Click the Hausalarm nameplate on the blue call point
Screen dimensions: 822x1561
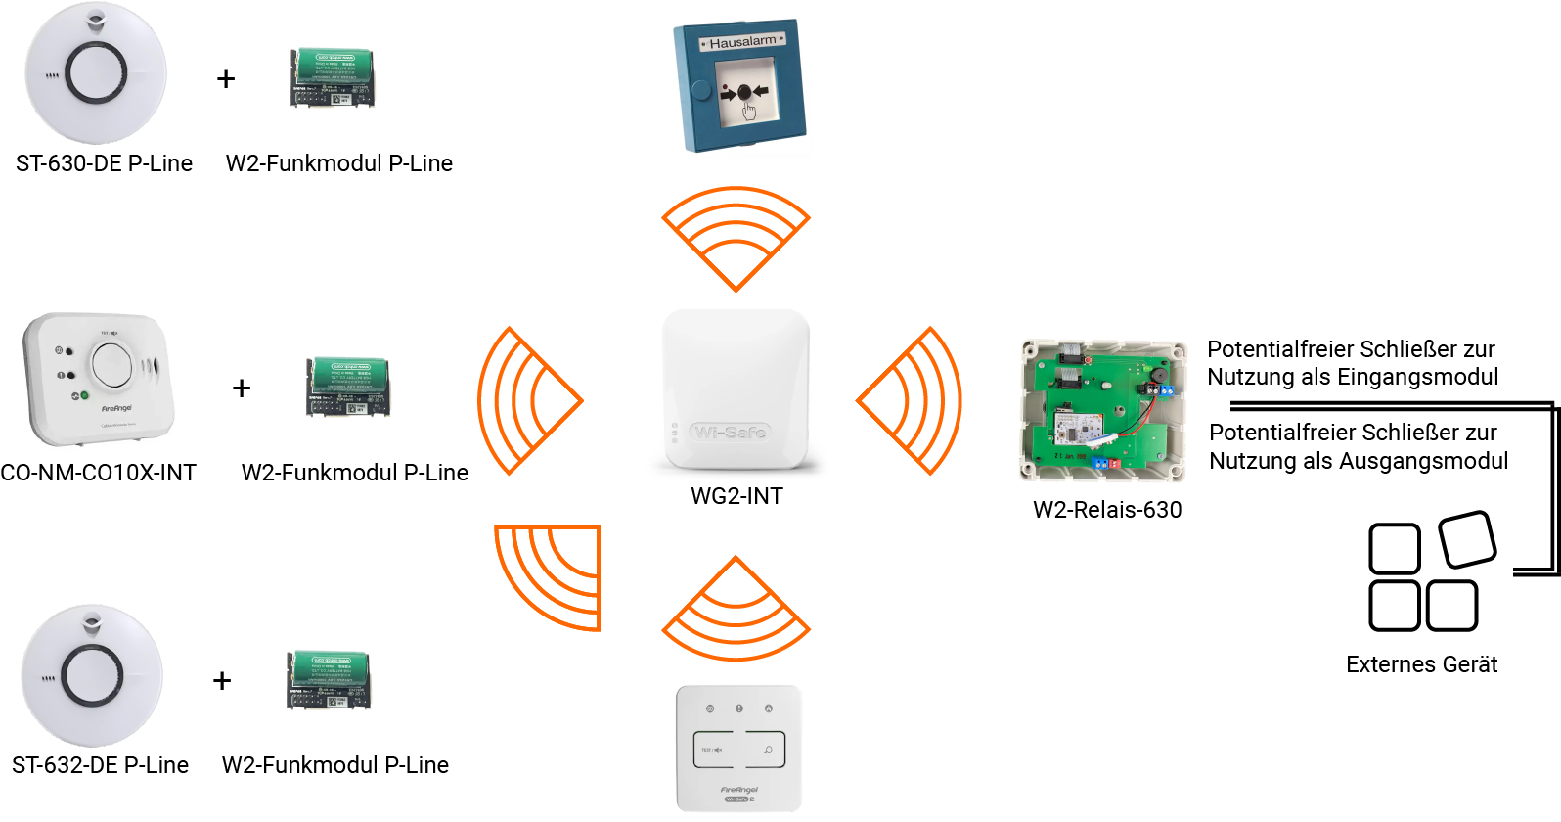click(742, 43)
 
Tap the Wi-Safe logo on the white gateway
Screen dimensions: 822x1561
click(730, 432)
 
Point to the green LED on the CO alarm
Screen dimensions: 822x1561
click(85, 395)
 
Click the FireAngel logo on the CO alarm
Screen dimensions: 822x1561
click(116, 408)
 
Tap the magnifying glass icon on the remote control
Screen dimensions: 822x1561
click(768, 750)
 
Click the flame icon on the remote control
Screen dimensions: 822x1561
click(768, 708)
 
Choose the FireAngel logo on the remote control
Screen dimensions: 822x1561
click(739, 790)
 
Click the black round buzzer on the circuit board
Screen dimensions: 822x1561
click(1160, 375)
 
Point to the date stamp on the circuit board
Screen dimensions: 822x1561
click(1070, 456)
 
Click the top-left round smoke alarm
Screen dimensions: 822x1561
click(95, 75)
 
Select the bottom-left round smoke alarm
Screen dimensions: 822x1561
click(92, 675)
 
